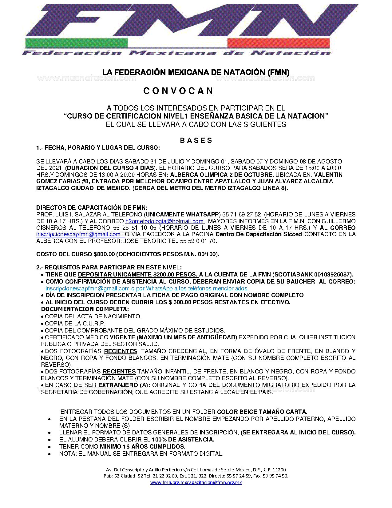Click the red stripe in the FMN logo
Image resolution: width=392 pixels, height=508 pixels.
point(278,43)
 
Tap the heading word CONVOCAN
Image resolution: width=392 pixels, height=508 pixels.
point(178,91)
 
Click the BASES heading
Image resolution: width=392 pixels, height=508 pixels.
point(196,141)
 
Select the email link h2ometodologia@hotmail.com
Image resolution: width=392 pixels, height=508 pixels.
point(164,221)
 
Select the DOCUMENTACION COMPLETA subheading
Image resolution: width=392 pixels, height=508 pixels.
point(85,309)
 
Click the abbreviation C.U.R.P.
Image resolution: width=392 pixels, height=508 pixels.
point(94,324)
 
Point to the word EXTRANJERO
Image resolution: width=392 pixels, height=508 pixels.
point(118,385)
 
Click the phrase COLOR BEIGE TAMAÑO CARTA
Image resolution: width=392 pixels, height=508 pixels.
point(262,412)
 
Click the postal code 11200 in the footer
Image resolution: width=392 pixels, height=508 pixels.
point(279,470)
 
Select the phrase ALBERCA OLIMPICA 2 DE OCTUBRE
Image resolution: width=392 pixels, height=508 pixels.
point(222,175)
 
